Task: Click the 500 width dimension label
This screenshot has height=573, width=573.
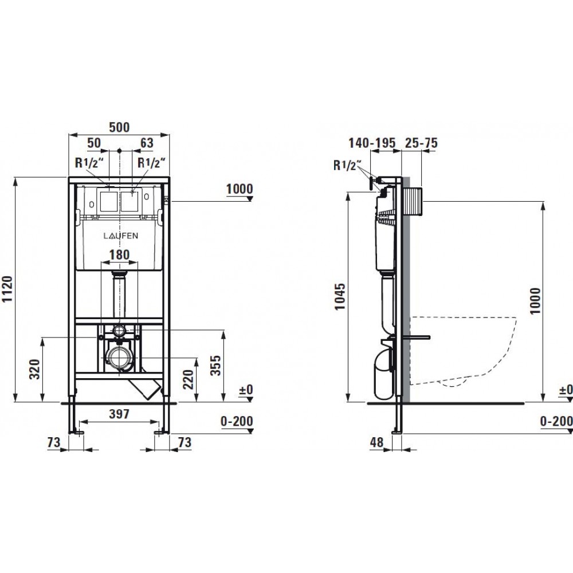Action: (x=120, y=127)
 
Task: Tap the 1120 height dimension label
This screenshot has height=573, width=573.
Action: (x=7, y=289)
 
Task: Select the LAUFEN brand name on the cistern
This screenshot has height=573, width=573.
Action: (x=120, y=236)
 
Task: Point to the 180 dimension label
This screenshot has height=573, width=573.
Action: (x=120, y=254)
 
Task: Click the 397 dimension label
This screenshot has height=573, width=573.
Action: (x=120, y=414)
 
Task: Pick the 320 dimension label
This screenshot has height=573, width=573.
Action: (x=34, y=369)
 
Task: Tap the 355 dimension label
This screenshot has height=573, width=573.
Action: (x=215, y=365)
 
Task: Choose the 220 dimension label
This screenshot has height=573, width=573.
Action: (x=188, y=379)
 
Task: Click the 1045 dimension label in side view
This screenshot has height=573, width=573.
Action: (x=340, y=296)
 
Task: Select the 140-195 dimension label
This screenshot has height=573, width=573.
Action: (x=372, y=143)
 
